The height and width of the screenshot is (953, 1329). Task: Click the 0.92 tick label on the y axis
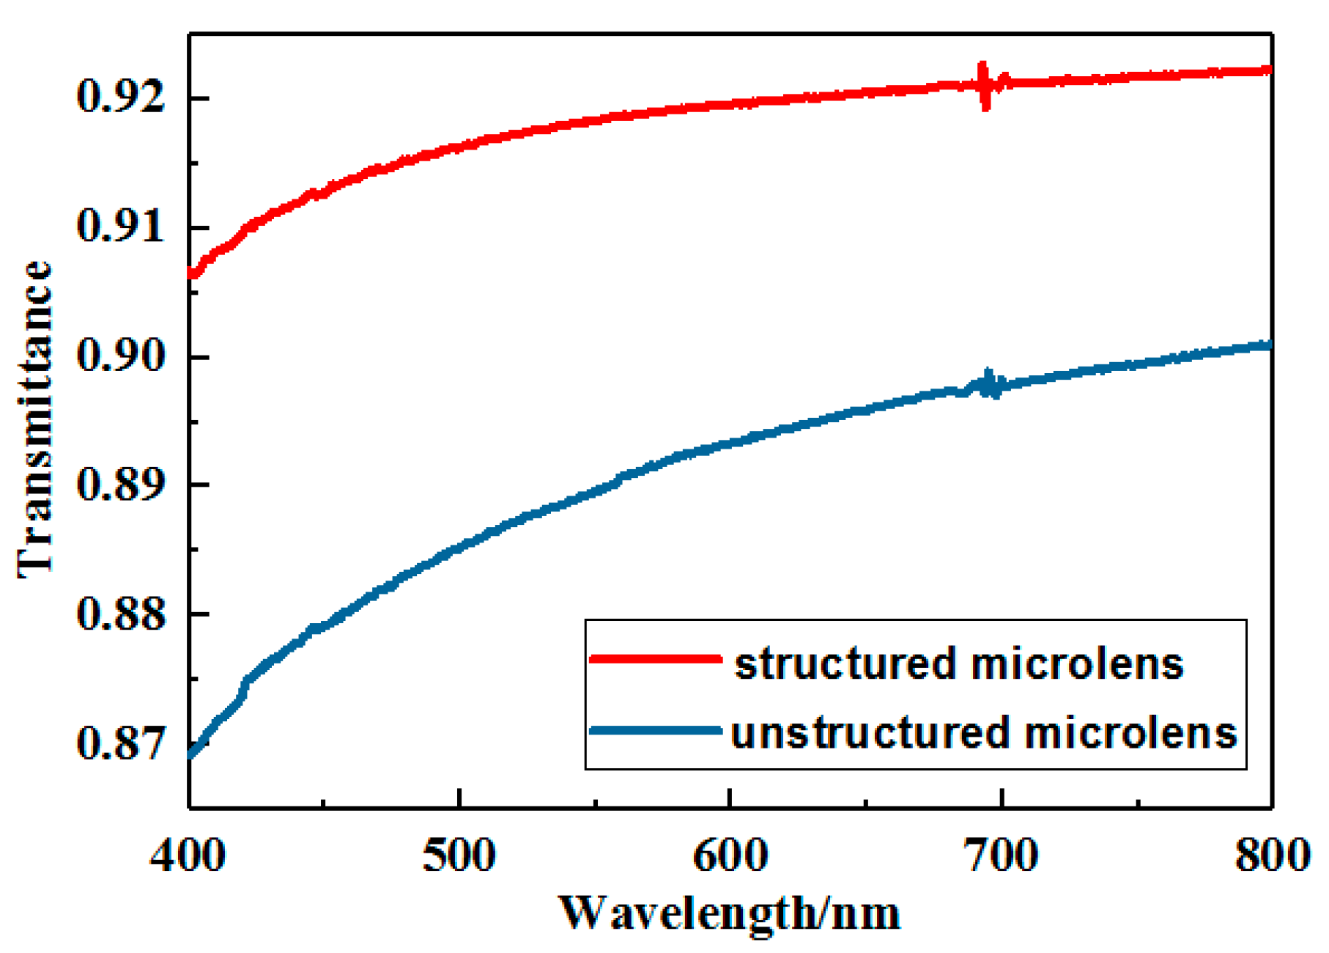122,97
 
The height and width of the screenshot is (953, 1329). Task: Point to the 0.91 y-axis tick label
122,227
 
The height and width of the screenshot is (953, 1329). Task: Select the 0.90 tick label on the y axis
122,356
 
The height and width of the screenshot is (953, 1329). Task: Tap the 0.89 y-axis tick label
122,485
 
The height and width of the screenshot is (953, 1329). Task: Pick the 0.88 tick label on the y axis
122,614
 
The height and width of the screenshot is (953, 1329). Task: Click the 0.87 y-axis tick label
122,743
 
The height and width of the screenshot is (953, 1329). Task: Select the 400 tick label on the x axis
188,856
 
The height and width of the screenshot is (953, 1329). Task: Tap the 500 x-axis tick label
459,856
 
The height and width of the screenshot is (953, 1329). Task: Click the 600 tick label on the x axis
730,856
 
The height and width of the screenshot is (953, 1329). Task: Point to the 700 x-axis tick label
1002,856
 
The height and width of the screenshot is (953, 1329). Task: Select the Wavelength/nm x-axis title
730,913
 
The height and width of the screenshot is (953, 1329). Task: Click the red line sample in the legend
656,659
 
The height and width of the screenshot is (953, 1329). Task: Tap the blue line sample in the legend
656,730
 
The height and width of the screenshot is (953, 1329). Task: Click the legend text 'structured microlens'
958,664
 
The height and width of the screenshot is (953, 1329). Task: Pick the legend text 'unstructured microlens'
984,733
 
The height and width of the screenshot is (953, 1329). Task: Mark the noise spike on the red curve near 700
985,86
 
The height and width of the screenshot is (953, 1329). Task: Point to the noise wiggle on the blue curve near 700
989,383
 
